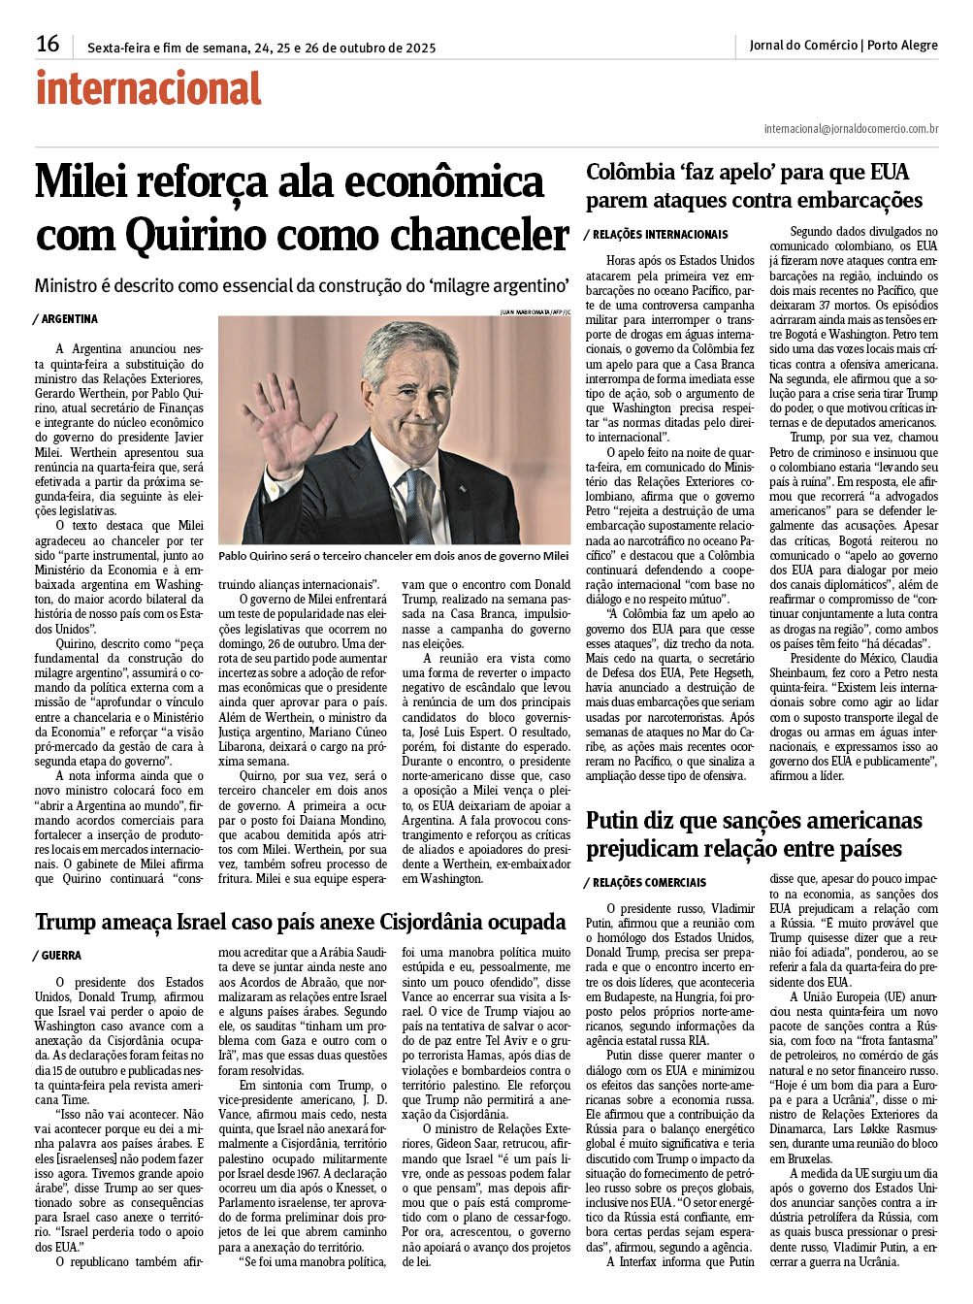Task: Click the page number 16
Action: point(48,44)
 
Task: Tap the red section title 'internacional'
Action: point(148,89)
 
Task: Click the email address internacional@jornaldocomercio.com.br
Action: point(850,129)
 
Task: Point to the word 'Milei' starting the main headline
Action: point(81,182)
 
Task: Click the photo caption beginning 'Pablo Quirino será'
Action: point(393,556)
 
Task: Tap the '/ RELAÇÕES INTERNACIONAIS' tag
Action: point(655,234)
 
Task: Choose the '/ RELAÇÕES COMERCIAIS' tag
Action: point(644,882)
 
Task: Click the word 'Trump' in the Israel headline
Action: point(69,922)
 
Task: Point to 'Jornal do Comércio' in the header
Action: point(803,46)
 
